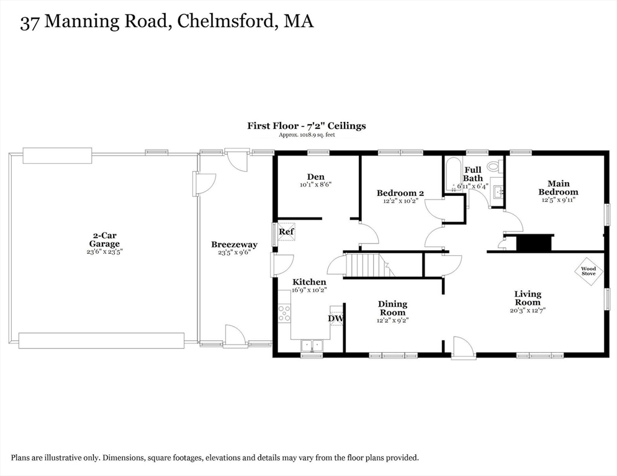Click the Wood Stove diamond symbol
[x=588, y=271]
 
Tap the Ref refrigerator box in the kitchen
[x=287, y=232]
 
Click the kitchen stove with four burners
[x=284, y=313]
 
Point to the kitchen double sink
[x=312, y=345]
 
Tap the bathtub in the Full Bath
[x=453, y=175]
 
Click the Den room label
[x=315, y=177]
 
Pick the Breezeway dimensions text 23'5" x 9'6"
[x=234, y=252]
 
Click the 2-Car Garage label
[x=104, y=240]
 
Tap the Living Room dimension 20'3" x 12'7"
[x=527, y=310]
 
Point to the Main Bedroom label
[x=559, y=188]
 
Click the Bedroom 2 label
[x=400, y=193]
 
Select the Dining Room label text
[x=392, y=308]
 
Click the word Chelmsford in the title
[x=225, y=21]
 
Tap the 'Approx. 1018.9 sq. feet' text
[x=307, y=135]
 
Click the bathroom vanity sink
[x=498, y=192]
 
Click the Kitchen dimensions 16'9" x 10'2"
[x=310, y=290]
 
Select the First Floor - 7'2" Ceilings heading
[x=307, y=126]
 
